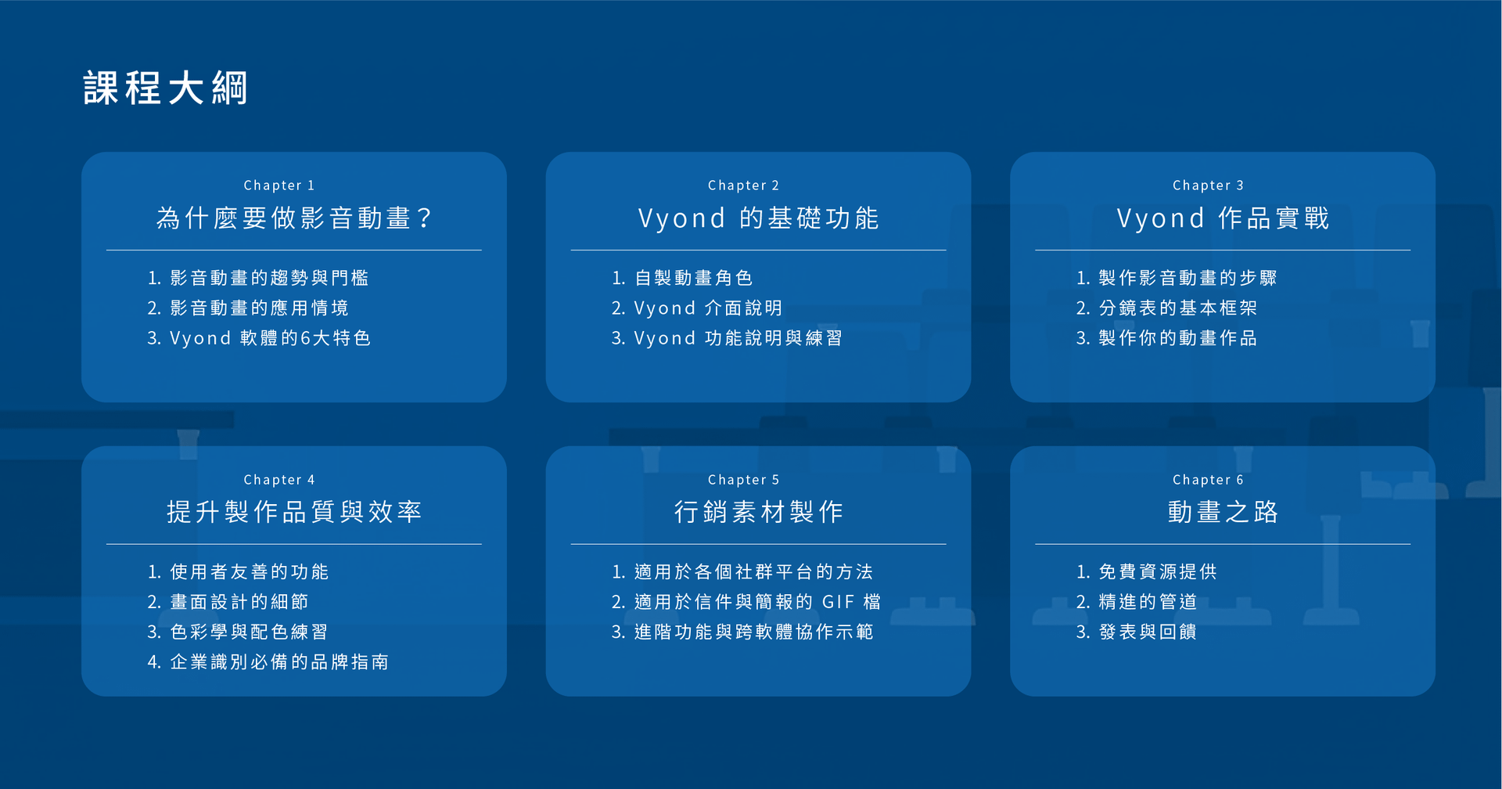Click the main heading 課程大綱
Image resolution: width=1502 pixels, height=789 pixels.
(x=165, y=88)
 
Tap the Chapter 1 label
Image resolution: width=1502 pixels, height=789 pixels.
(x=279, y=186)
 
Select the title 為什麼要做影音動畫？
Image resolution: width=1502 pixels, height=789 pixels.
(x=294, y=218)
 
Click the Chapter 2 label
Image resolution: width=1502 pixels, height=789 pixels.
(x=743, y=186)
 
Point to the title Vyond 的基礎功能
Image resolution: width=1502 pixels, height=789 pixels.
(x=758, y=218)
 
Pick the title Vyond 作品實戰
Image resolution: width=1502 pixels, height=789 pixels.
(x=1223, y=218)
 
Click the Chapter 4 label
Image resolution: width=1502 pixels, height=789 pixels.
(x=279, y=480)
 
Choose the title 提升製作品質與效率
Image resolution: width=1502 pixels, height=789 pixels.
(x=294, y=512)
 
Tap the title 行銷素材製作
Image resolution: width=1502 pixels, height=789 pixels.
(x=758, y=512)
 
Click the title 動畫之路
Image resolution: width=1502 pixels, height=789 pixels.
(x=1223, y=512)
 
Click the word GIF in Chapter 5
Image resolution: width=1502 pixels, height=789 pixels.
(x=839, y=602)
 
